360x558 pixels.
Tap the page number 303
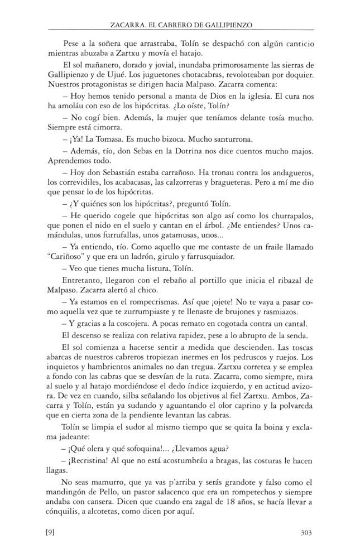click(x=305, y=532)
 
